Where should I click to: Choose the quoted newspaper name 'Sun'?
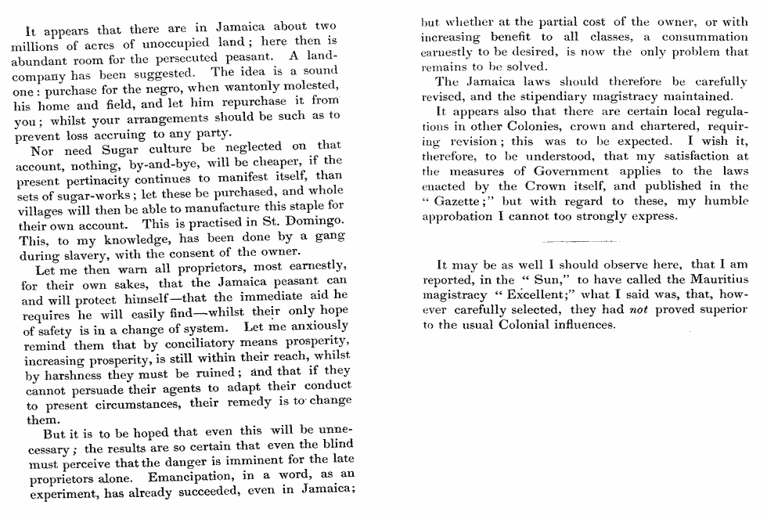[544, 279]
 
